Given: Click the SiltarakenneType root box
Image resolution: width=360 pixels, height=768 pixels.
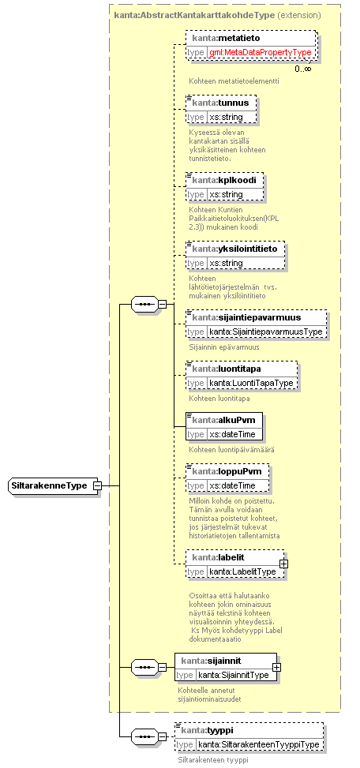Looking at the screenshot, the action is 52,486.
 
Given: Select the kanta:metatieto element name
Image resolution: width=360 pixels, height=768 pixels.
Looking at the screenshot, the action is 226,38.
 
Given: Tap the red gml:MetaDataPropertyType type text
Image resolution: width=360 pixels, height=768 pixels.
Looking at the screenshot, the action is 261,52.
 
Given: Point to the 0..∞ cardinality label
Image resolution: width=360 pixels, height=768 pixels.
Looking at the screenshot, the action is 302,69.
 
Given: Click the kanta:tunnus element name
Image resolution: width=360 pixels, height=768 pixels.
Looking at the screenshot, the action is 220,103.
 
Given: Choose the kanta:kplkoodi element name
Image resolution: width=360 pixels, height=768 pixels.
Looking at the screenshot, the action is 224,180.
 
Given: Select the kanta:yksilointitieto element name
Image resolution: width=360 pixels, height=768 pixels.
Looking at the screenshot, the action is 234,249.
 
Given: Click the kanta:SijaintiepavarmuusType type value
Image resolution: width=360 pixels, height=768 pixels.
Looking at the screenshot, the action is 266,332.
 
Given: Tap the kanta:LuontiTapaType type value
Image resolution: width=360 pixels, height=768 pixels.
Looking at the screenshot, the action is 251,383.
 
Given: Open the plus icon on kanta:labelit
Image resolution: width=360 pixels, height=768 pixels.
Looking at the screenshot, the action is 283,564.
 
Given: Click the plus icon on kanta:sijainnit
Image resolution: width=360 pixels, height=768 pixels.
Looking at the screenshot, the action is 276,667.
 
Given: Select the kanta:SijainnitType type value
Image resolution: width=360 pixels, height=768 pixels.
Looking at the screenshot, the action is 234,676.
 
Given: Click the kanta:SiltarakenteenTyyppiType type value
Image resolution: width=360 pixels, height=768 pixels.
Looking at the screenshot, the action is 258,745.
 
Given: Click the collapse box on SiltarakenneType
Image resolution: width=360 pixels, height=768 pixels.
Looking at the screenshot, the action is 97,486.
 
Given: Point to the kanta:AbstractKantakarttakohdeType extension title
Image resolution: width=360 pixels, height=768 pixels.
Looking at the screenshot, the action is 217,15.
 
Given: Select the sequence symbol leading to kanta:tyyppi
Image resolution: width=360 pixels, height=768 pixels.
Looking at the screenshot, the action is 144,736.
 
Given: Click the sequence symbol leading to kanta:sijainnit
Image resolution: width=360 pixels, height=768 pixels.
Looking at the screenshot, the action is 144,667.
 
